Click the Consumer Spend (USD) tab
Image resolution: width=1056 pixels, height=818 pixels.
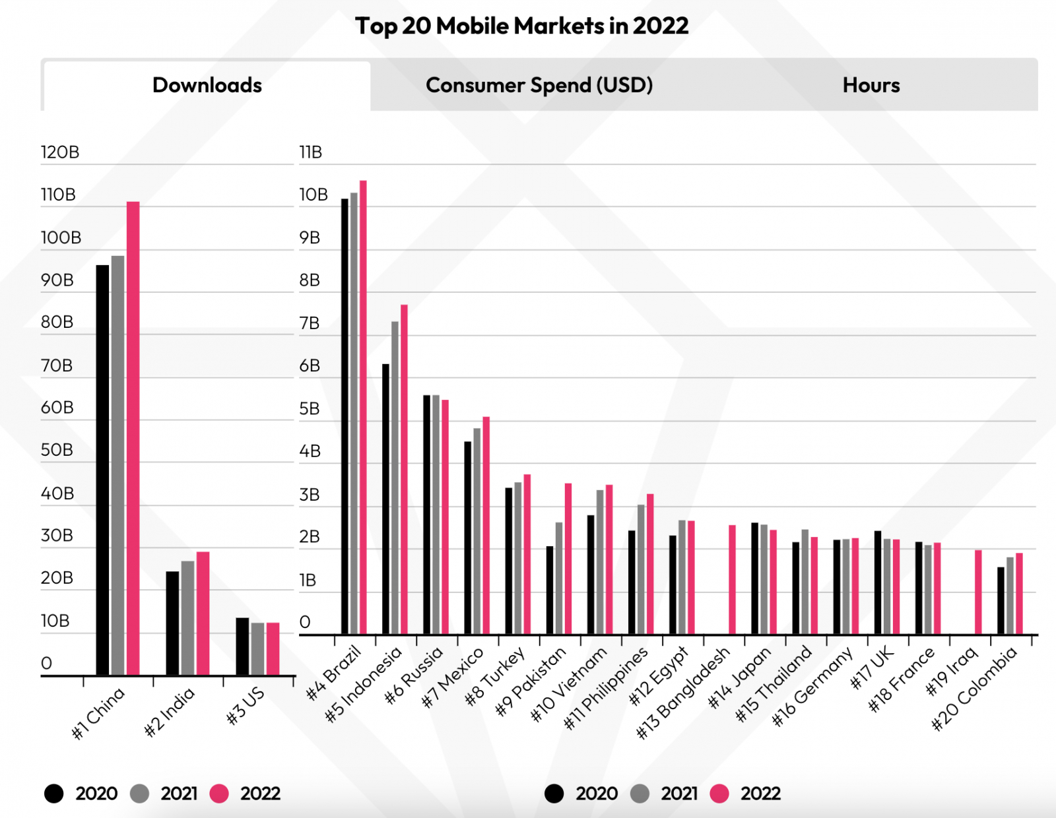(x=539, y=85)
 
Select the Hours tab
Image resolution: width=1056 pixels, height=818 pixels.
(x=871, y=85)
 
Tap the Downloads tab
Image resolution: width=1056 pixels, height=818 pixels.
(x=207, y=85)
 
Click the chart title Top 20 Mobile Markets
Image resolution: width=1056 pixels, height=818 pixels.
(x=521, y=26)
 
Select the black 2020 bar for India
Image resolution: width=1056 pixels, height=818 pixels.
(x=172, y=623)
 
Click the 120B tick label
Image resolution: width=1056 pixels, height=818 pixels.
(x=60, y=152)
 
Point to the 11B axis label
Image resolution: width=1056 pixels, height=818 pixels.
(x=311, y=152)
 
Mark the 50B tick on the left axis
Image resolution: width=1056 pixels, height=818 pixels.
(x=57, y=450)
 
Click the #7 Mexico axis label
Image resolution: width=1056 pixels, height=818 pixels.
(x=453, y=677)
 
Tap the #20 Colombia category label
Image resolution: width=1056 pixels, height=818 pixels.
(x=974, y=689)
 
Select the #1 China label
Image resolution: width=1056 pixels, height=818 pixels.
(x=98, y=712)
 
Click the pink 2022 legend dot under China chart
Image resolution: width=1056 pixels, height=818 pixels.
(x=219, y=794)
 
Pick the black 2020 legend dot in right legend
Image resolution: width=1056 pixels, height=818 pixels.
(x=554, y=794)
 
